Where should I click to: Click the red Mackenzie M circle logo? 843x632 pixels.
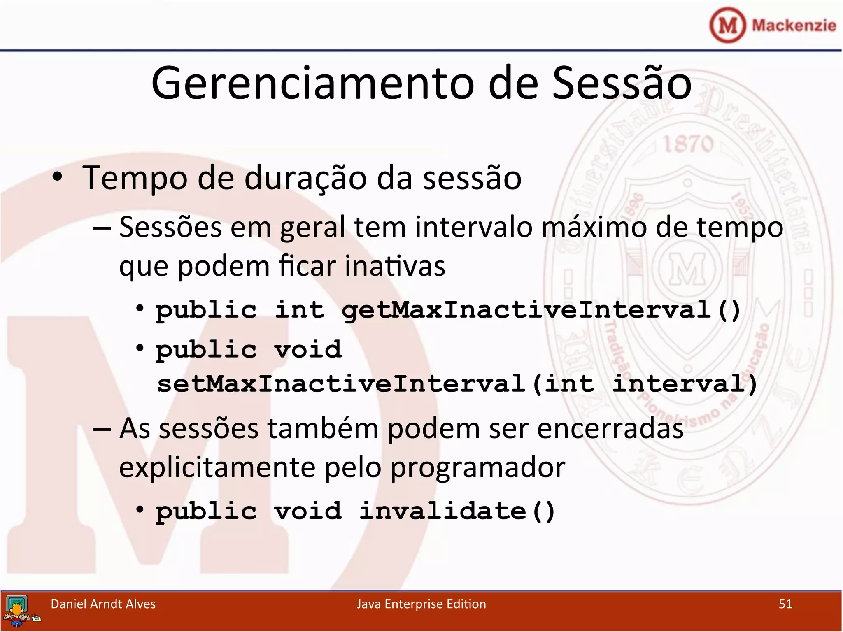(727, 26)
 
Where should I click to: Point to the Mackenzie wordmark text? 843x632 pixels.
(794, 26)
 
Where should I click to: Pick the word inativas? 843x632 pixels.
(395, 266)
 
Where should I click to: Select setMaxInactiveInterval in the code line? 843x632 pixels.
(341, 384)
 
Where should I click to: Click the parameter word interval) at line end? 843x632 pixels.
(685, 384)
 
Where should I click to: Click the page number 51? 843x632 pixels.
(785, 604)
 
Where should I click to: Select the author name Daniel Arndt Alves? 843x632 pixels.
(103, 604)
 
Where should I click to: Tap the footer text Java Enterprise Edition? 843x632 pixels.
(421, 604)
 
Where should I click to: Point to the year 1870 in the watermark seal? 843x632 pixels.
(688, 144)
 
